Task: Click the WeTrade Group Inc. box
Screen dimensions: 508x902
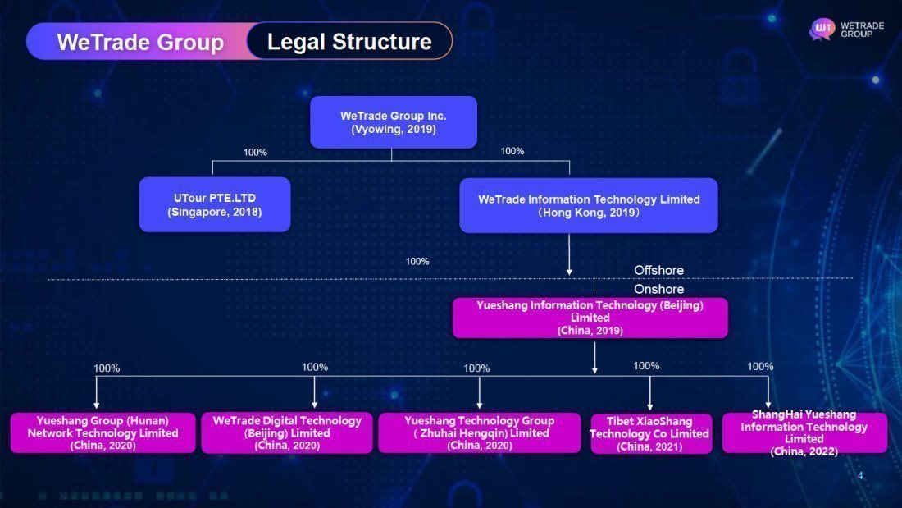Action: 394,122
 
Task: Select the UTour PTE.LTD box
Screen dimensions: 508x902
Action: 215,204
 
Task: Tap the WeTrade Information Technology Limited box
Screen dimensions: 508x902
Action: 589,205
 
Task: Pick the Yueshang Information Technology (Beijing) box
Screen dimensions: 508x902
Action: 590,318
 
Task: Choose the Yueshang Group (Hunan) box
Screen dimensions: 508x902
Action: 103,432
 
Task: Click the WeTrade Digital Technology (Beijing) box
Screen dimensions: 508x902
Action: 287,432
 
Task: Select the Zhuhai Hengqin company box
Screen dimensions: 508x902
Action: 480,432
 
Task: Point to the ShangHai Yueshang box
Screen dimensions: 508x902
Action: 804,432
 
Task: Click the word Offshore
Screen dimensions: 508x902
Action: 658,270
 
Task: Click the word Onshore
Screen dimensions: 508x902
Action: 658,289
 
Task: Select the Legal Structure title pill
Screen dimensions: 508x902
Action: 349,41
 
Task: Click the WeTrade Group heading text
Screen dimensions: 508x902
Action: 140,42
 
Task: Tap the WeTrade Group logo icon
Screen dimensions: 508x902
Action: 822,30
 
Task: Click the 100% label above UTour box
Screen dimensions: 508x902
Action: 255,152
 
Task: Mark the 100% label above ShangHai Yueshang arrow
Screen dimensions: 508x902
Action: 760,366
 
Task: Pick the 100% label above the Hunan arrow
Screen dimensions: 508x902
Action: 107,368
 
